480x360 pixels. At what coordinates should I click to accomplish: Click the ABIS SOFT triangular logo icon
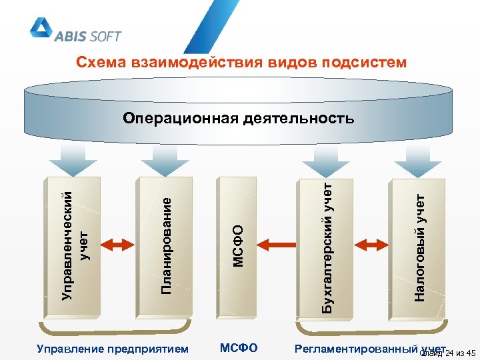pos(42,27)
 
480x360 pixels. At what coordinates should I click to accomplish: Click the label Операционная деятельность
pos(239,119)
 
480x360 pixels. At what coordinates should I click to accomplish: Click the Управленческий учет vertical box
pos(73,245)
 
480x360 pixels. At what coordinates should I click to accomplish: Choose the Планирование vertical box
pos(165,245)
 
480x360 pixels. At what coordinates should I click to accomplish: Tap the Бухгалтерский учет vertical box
pos(325,245)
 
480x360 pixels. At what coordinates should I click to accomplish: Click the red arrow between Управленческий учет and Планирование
pos(119,245)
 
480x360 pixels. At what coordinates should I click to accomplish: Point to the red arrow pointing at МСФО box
pos(280,245)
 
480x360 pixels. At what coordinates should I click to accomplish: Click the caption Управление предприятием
pos(113,348)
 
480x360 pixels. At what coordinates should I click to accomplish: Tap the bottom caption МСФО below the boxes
pos(239,347)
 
